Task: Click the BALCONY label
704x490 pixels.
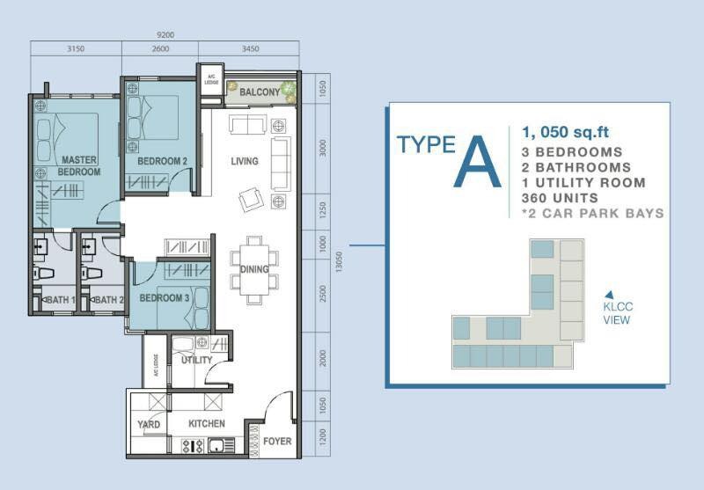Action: click(260, 92)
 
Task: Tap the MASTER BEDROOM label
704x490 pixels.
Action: click(79, 165)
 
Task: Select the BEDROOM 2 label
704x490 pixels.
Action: click(162, 161)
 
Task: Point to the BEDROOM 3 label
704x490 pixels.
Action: click(164, 298)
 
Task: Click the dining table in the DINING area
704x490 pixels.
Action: click(254, 270)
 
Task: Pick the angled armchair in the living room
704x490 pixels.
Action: click(252, 199)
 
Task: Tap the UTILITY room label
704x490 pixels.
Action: click(196, 361)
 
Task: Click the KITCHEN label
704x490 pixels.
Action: click(207, 424)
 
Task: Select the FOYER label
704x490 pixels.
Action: click(277, 441)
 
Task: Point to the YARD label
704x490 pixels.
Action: click(149, 425)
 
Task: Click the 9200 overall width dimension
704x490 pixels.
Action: click(165, 34)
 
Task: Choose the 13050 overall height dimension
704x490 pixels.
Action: click(339, 261)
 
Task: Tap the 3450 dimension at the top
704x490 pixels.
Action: click(250, 48)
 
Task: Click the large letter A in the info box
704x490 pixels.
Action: click(477, 162)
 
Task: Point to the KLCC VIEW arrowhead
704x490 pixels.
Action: click(609, 295)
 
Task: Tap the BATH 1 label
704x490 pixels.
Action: click(60, 299)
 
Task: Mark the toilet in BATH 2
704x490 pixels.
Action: click(92, 273)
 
